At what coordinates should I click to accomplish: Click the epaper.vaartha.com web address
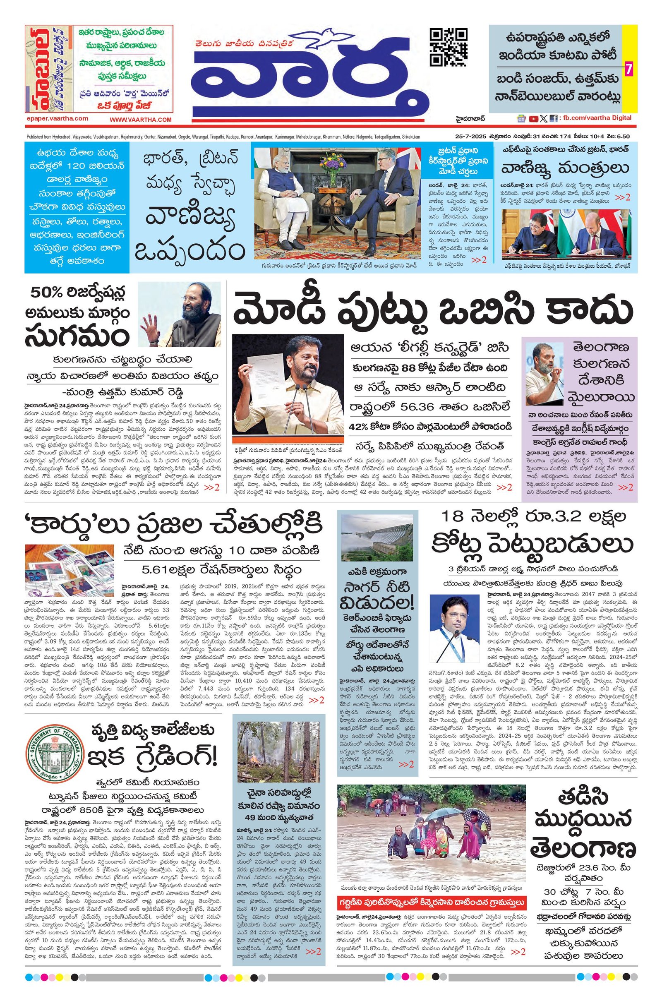point(57,119)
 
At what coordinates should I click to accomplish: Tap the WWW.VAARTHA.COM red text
point(141,120)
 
